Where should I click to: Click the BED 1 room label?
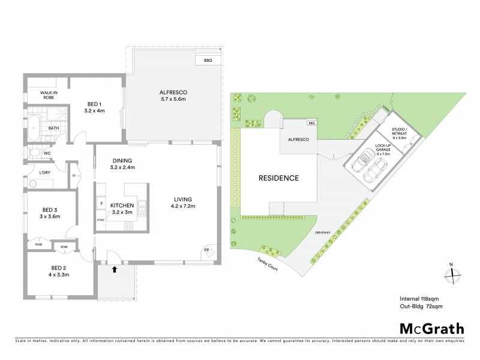(x=95, y=103)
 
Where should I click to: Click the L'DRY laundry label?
(x=44, y=173)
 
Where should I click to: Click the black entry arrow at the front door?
(x=114, y=271)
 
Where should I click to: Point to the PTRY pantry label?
(x=100, y=220)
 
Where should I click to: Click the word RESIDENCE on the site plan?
(x=278, y=178)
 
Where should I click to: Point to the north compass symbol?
(x=451, y=274)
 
